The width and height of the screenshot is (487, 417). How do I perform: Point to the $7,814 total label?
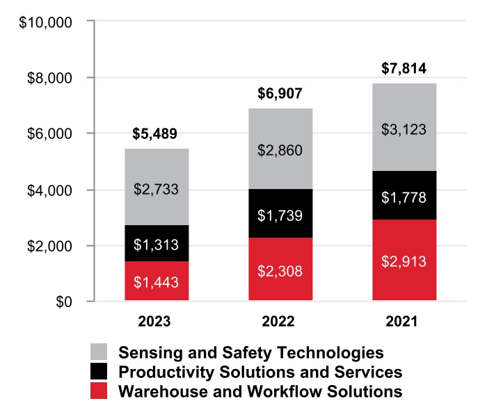(404, 69)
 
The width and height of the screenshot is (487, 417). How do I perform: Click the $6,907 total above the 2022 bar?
(280, 94)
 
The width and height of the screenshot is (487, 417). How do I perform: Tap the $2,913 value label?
(404, 262)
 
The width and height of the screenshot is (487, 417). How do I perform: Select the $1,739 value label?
(280, 215)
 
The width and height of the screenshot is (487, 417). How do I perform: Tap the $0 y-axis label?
(63, 302)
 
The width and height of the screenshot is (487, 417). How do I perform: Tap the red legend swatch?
(99, 391)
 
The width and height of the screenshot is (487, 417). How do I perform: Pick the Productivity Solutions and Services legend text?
(260, 372)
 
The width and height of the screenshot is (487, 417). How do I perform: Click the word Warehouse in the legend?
(154, 391)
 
